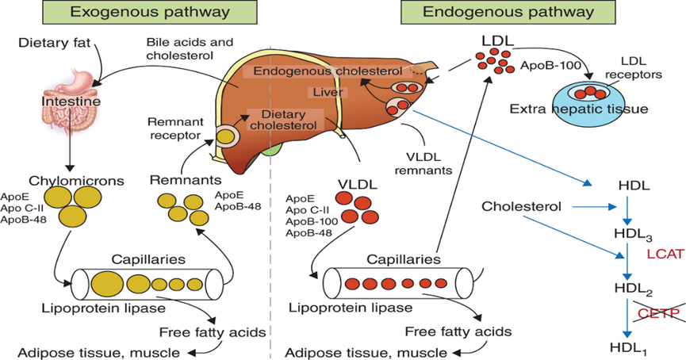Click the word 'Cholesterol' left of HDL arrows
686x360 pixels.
[521, 207]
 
